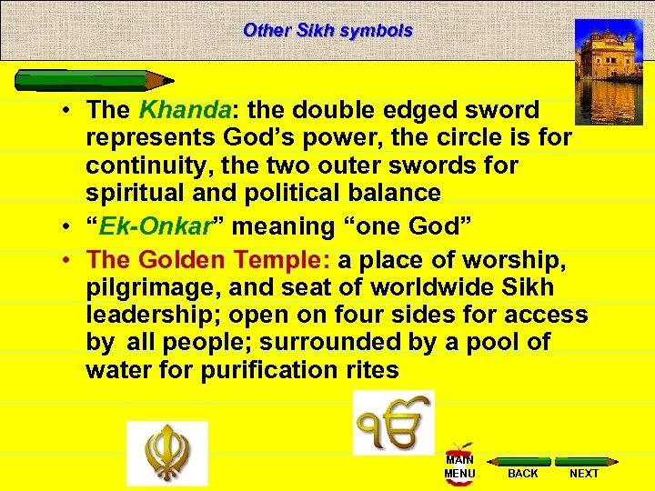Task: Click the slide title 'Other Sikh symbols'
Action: pos(327,30)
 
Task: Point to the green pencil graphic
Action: pos(96,80)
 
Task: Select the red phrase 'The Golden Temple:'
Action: pos(209,261)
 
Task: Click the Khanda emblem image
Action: pos(166,453)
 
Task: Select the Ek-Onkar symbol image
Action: pos(393,423)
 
